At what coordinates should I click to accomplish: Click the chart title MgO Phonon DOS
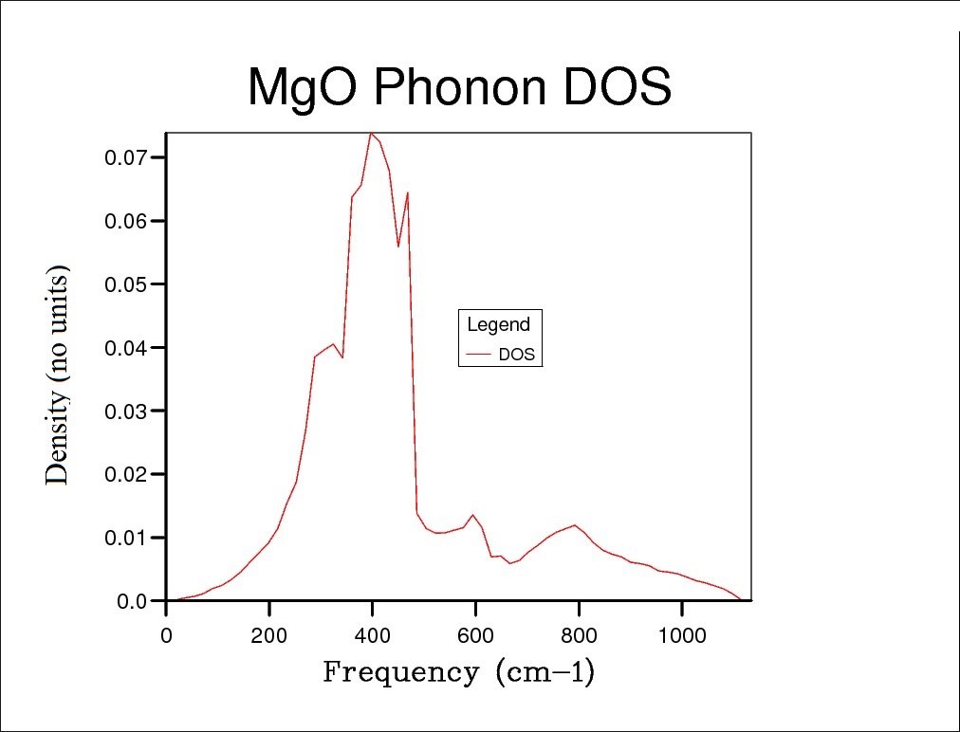(x=459, y=88)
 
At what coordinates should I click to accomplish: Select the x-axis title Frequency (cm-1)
(x=459, y=672)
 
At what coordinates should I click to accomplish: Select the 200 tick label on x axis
(x=269, y=635)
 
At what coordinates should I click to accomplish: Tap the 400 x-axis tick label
(x=373, y=635)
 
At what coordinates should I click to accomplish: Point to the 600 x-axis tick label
(x=475, y=635)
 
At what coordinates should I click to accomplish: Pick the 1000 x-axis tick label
(x=681, y=635)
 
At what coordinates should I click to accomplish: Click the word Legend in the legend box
(x=499, y=325)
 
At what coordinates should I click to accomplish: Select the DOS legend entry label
(x=516, y=356)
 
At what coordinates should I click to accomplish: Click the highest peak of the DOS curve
(x=372, y=134)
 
